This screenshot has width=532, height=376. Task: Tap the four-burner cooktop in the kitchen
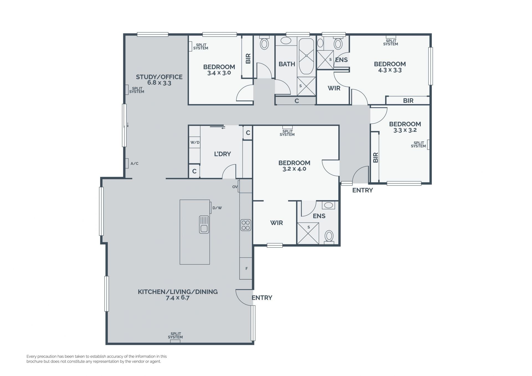click(x=246, y=225)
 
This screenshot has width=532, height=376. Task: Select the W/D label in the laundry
click(x=195, y=142)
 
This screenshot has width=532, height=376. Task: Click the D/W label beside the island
click(x=217, y=208)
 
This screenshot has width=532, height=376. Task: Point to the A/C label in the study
click(x=134, y=163)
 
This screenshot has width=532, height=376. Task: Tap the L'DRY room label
click(x=222, y=154)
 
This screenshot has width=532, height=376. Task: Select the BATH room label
click(x=287, y=64)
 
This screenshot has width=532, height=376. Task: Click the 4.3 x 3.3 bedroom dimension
click(x=390, y=70)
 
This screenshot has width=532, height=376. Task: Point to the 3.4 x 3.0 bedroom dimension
click(x=219, y=73)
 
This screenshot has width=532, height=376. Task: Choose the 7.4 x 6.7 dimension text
click(x=178, y=298)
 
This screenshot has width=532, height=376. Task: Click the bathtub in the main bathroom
click(x=306, y=57)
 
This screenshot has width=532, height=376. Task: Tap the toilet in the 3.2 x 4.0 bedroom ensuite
click(x=329, y=236)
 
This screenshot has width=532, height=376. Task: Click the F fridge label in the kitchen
click(x=247, y=268)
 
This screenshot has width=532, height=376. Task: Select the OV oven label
click(x=235, y=187)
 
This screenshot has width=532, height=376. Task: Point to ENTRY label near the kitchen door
click(x=262, y=298)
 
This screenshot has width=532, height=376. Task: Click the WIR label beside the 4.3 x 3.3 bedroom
click(x=334, y=88)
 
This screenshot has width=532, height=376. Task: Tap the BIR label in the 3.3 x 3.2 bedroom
click(x=376, y=157)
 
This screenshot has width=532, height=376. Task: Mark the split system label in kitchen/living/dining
click(x=175, y=336)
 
